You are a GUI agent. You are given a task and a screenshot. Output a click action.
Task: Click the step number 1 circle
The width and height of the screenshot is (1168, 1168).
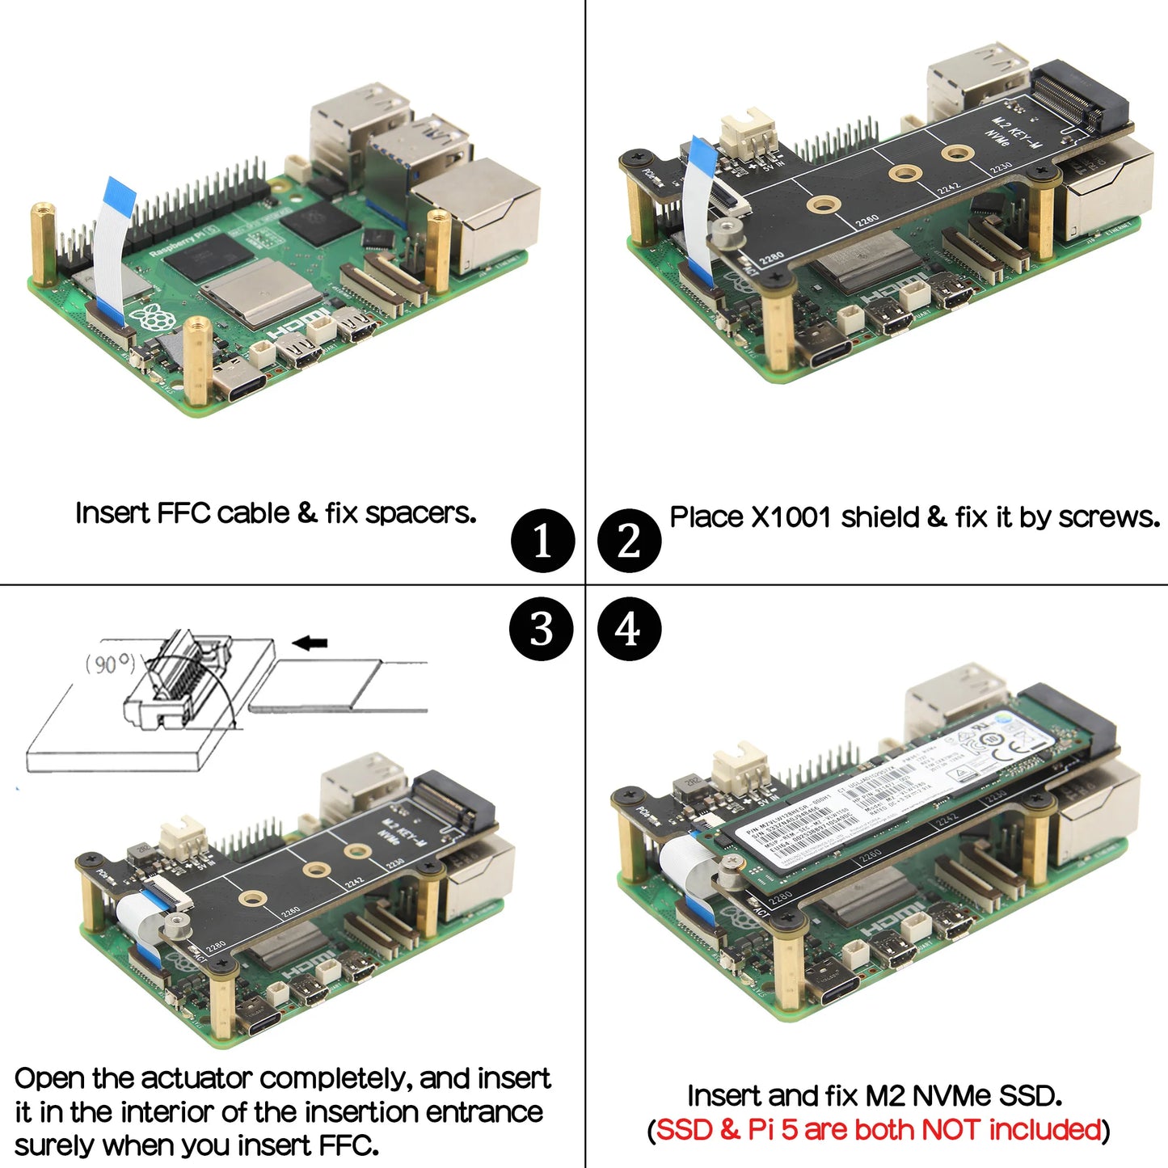pyautogui.click(x=542, y=541)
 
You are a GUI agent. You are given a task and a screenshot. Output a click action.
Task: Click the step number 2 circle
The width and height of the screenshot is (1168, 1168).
pyautogui.click(x=629, y=541)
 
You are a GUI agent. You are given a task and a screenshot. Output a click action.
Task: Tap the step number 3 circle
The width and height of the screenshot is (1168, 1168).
pyautogui.click(x=542, y=629)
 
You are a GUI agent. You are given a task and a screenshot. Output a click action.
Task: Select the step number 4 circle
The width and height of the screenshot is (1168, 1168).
pyautogui.click(x=629, y=629)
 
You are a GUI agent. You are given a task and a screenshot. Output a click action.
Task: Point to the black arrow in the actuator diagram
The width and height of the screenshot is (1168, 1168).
pyautogui.click(x=310, y=643)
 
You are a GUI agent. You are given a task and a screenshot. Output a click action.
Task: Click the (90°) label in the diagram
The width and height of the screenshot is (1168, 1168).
pyautogui.click(x=111, y=664)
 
